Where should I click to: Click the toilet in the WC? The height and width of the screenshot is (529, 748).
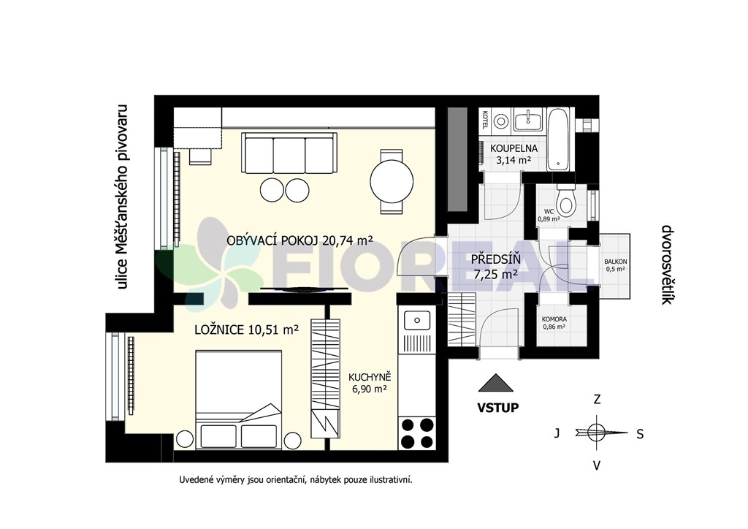(566, 200)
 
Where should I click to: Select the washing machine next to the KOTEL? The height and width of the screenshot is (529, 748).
(501, 121)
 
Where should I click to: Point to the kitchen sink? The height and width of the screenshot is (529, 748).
(416, 321)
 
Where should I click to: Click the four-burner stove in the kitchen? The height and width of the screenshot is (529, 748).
(417, 433)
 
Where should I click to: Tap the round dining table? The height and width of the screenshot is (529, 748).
(392, 182)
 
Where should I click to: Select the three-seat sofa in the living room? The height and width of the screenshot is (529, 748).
(289, 153)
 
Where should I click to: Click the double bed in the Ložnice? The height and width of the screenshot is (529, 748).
(239, 400)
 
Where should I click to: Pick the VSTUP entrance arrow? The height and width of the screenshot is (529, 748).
(496, 383)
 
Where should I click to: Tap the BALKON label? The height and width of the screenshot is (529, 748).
(615, 262)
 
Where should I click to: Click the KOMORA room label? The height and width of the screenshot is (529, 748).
(554, 319)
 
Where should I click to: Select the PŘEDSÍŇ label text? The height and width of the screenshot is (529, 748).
(495, 259)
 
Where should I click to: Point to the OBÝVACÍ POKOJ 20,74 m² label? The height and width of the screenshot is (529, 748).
(299, 240)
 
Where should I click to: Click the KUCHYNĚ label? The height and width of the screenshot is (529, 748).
(370, 377)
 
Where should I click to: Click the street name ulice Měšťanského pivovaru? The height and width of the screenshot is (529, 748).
(123, 197)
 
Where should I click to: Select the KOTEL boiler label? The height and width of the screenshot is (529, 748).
(485, 120)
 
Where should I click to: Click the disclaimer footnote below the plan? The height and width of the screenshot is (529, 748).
(296, 479)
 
